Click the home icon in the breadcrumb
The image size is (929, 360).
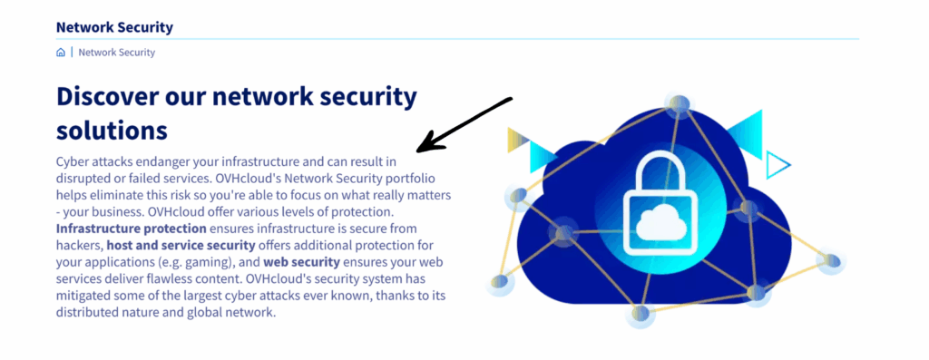[61, 53]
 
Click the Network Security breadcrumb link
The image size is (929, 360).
[117, 53]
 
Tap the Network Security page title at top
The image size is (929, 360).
[114, 27]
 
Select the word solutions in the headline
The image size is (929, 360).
[112, 129]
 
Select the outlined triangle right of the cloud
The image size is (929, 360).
[777, 165]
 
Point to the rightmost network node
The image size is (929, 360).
[829, 262]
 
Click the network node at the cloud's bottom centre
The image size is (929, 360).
[641, 314]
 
